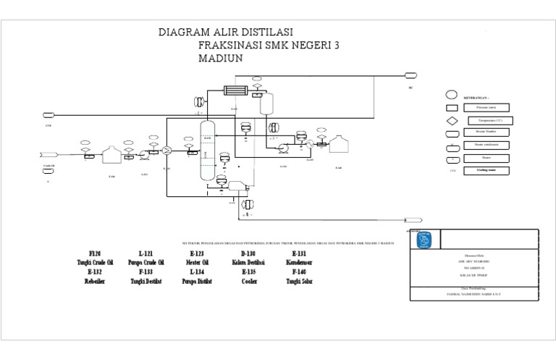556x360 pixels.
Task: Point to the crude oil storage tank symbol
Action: (111, 155)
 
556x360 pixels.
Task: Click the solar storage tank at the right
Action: (338, 146)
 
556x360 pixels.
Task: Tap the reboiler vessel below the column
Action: (236, 186)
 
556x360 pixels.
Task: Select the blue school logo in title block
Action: (426, 238)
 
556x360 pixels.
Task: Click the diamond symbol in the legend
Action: (451, 120)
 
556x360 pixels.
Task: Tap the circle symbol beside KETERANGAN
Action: (451, 95)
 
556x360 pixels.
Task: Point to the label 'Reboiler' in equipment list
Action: (95, 281)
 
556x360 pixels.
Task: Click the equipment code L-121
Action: (146, 252)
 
